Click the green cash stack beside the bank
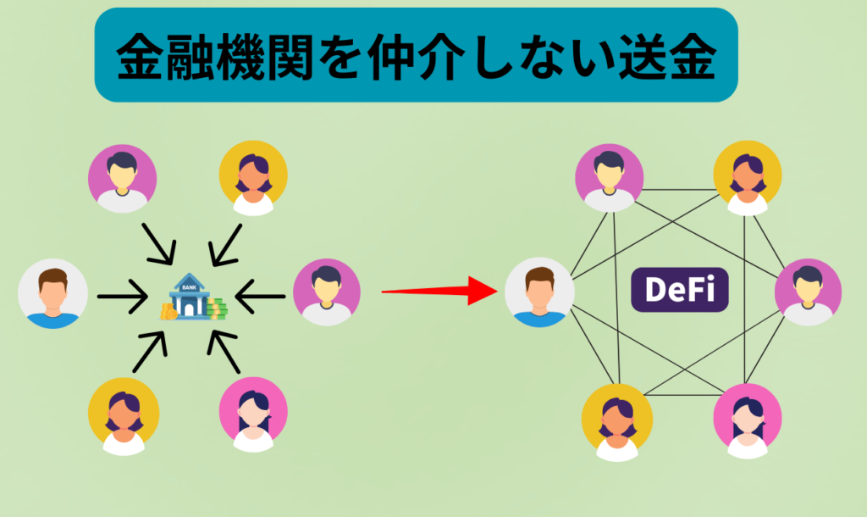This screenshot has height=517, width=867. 216,308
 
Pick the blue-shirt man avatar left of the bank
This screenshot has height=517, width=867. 52,293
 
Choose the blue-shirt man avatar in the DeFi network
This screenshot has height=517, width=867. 539,293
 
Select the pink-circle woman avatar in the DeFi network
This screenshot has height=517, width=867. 747,417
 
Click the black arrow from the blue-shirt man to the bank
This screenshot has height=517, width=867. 122,297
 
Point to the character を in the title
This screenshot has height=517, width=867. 356,57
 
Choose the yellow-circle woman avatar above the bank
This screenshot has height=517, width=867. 253,178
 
